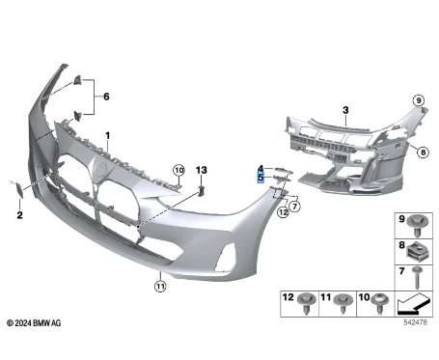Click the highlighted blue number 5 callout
tap(260, 178)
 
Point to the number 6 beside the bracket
tap(107, 97)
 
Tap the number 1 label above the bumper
tap(108, 135)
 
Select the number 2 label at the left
tap(18, 216)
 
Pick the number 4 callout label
tap(260, 168)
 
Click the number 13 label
tap(201, 170)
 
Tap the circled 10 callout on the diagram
tap(178, 171)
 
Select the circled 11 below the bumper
tap(160, 284)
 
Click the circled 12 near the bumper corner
tap(282, 208)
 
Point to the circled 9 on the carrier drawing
tap(419, 100)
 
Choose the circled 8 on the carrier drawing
tap(421, 150)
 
